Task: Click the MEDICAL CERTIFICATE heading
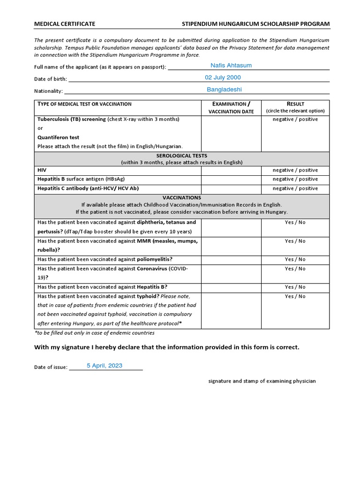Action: coord(65,23)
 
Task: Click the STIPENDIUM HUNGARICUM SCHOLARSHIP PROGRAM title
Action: coord(255,23)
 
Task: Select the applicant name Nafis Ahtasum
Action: coord(231,66)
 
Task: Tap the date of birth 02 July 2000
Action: coord(223,77)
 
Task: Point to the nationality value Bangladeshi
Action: coord(224,89)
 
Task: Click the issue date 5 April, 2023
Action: coord(105,366)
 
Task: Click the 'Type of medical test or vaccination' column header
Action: coord(84,104)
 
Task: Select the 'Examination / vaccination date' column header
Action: coord(231,107)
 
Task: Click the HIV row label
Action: coord(42,170)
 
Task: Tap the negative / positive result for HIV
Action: coord(295,170)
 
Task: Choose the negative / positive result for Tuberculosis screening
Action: coord(295,120)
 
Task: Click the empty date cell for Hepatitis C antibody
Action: coord(231,188)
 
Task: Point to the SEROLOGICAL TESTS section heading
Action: coord(181,156)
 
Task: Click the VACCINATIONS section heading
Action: coord(181,198)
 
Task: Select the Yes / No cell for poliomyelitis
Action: coord(295,259)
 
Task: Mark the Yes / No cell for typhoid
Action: coord(295,296)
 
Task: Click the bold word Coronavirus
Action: coord(152,269)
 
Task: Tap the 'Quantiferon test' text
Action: coord(58,137)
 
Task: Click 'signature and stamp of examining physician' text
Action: coord(262,381)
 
